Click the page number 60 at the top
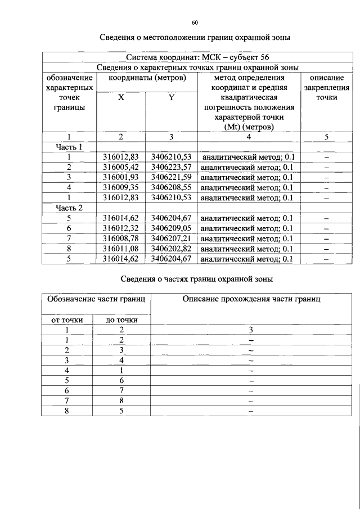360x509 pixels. click(195, 22)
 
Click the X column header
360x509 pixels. click(121, 97)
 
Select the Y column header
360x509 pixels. click(171, 97)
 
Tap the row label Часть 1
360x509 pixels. click(69, 147)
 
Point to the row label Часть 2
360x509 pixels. click(69, 208)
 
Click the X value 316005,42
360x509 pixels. click(121, 167)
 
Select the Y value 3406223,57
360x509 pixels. click(171, 167)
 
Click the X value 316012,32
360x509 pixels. click(121, 228)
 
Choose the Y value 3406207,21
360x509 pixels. click(171, 238)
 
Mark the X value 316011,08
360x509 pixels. click(121, 249)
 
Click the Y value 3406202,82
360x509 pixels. click(171, 249)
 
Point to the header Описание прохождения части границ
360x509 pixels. click(251, 299)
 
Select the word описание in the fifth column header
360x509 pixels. click(327, 78)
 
